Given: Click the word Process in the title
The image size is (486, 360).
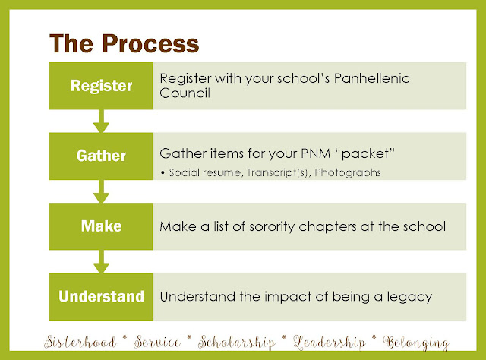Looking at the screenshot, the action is click(x=150, y=44).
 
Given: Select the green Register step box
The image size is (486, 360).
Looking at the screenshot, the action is click(x=101, y=86).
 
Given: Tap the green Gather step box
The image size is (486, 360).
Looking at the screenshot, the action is click(x=101, y=156).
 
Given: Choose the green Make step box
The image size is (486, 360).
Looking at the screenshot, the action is click(x=101, y=226).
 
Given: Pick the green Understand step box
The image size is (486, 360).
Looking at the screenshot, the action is click(x=101, y=297).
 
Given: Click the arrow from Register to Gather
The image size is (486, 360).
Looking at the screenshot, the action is click(x=101, y=122).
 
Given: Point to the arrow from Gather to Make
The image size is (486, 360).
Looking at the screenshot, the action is click(x=101, y=191).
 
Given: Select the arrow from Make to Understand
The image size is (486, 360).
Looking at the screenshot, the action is click(x=101, y=262).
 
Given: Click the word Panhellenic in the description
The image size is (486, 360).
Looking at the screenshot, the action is click(x=371, y=78).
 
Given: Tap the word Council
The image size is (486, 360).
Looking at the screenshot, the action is click(x=185, y=93).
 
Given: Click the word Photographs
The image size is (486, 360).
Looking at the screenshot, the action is click(x=348, y=173).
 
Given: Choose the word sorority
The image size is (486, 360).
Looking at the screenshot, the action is click(x=272, y=227).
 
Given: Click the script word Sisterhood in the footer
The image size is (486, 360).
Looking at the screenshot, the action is click(x=80, y=343).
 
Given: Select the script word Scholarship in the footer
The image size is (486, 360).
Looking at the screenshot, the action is click(x=236, y=343).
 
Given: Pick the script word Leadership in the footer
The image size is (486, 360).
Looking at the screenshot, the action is click(x=330, y=343).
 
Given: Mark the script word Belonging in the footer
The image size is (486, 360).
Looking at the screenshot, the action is click(x=416, y=343).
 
